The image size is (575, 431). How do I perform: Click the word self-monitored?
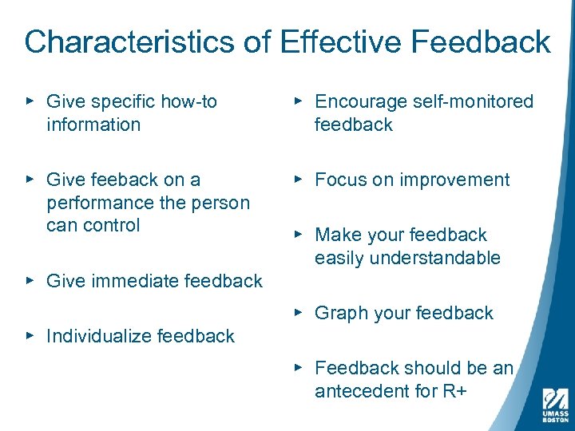click(x=474, y=101)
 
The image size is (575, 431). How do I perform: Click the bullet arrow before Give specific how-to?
click(x=30, y=101)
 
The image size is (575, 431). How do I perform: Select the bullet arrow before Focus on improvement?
click(x=297, y=180)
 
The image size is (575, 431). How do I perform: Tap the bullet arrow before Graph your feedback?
click(x=297, y=313)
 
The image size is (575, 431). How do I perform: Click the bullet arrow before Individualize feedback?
click(x=30, y=336)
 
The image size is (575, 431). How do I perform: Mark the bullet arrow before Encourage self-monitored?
click(x=297, y=101)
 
